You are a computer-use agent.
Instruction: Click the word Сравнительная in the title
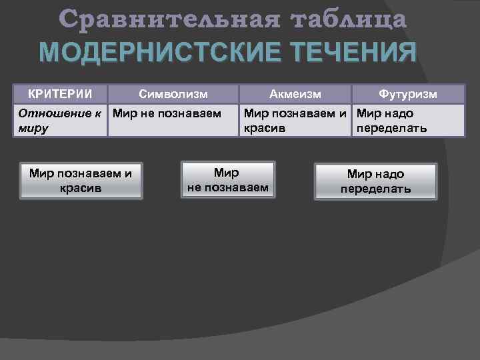pos(165,20)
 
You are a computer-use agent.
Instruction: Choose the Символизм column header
pos(174,94)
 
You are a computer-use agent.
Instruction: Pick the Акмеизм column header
pos(295,94)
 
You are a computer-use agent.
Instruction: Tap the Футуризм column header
pos(408,94)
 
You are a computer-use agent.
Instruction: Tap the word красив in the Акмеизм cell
pos(265,127)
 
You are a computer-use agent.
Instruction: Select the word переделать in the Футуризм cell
pos(392,127)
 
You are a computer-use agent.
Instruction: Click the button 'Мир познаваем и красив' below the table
pos(81,180)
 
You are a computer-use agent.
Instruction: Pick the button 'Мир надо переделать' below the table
pos(375,181)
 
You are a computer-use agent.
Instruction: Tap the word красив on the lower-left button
pos(81,187)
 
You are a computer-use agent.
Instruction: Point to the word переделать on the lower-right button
pos(375,189)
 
